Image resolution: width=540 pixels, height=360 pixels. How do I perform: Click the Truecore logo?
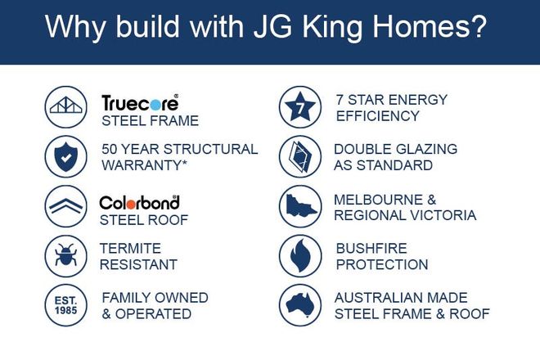click(x=140, y=102)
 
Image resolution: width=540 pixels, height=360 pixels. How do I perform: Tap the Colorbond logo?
click(x=139, y=203)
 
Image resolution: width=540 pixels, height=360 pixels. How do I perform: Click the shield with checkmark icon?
click(x=66, y=157)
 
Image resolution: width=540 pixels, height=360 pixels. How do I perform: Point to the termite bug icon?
click(x=66, y=255)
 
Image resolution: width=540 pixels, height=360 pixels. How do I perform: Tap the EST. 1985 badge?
click(x=66, y=305)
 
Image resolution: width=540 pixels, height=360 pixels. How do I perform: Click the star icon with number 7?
click(x=300, y=107)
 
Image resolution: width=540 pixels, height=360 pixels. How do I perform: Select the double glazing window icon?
click(x=300, y=157)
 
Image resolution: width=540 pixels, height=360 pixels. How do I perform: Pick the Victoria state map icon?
click(x=300, y=206)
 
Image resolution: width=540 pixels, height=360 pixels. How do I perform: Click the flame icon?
click(x=300, y=255)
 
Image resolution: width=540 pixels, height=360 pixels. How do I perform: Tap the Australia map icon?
click(x=300, y=305)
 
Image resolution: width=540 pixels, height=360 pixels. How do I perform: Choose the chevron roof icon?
click(x=66, y=206)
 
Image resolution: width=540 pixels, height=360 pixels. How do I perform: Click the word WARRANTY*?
click(x=145, y=165)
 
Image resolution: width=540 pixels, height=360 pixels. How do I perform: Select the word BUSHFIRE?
click(x=371, y=249)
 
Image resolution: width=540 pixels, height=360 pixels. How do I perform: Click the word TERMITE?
click(x=131, y=249)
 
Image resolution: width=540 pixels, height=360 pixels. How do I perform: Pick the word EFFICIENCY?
click(x=378, y=116)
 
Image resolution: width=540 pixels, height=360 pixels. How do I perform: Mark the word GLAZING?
click(x=427, y=149)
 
